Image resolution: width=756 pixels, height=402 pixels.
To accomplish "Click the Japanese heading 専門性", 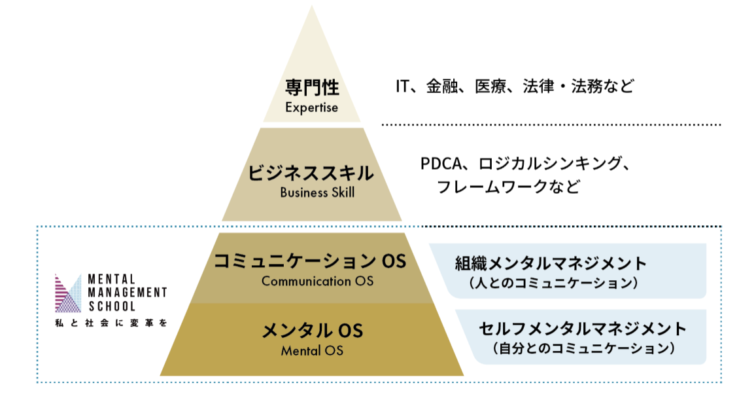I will coord(311,88).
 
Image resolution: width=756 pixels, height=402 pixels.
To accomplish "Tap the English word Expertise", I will coord(311,107).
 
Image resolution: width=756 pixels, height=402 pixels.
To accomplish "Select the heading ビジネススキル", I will coord(311,174).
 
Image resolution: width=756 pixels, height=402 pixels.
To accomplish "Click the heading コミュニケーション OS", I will coord(310,261).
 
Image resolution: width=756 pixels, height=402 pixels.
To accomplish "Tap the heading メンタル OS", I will coord(312,331).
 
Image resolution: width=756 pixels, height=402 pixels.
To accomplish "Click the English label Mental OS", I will coord(312,350).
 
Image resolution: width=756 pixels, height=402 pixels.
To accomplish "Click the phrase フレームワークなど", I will coord(508,187).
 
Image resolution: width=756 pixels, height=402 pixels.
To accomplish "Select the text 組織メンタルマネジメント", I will coord(551,264).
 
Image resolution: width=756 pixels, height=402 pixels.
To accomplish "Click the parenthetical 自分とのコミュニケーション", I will coord(582,348).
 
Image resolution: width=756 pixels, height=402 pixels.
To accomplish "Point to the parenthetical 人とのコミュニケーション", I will coord(552,283).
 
